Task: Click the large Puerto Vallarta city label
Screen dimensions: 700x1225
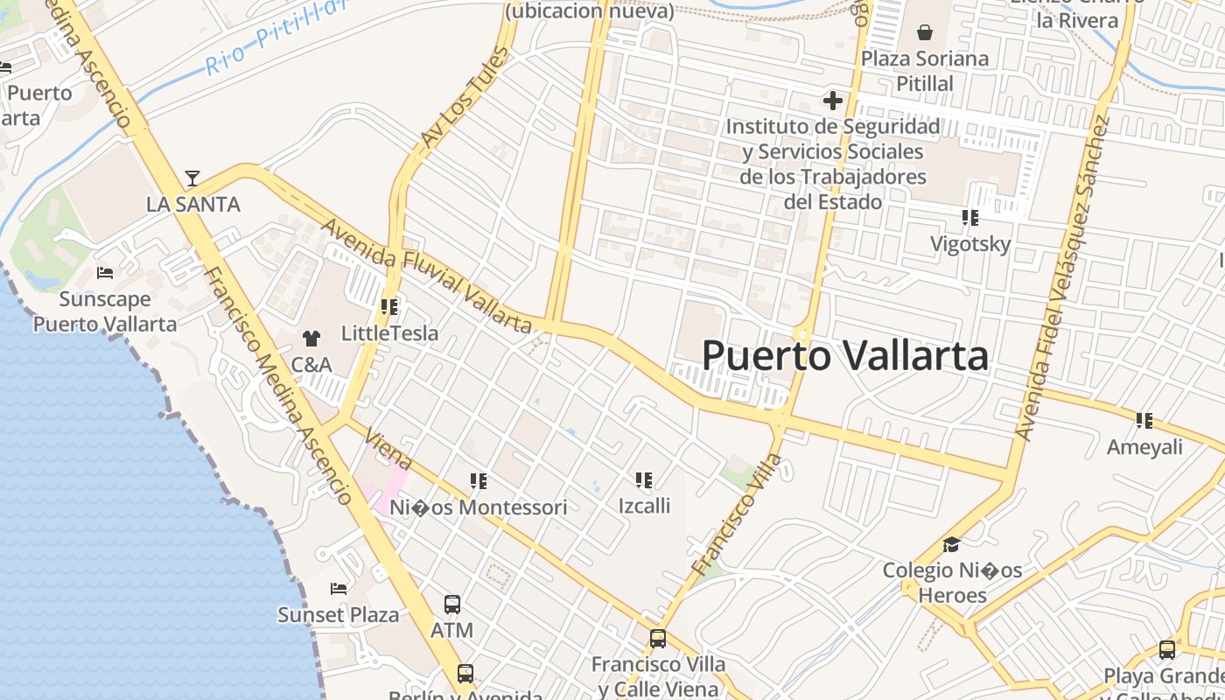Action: [x=845, y=355]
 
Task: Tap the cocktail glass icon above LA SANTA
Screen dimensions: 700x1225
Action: [x=192, y=178]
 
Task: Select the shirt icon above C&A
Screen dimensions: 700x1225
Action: [x=311, y=338]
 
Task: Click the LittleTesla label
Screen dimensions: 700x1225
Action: [x=389, y=333]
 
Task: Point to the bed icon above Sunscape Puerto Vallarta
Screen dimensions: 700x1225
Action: [x=105, y=273]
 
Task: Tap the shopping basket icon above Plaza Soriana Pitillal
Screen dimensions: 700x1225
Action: [x=925, y=33]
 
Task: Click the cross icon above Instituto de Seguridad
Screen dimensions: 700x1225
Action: [x=832, y=101]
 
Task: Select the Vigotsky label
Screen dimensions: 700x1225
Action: [x=970, y=244]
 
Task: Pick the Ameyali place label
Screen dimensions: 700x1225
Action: [x=1144, y=447]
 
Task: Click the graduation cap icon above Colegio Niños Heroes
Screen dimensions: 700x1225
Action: [x=951, y=545]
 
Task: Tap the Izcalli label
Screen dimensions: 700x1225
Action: [x=644, y=506]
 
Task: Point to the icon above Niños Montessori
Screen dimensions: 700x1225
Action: [x=478, y=480]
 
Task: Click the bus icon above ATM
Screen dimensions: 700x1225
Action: [x=452, y=605]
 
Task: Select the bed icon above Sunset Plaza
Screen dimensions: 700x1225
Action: [x=339, y=589]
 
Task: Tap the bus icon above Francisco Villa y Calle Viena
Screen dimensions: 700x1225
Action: [x=658, y=639]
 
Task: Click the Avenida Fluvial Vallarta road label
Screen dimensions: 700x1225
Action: [x=427, y=276]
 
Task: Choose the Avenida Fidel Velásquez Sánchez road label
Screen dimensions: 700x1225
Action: [x=1062, y=276]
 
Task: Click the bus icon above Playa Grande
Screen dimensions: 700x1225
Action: [x=1167, y=650]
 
